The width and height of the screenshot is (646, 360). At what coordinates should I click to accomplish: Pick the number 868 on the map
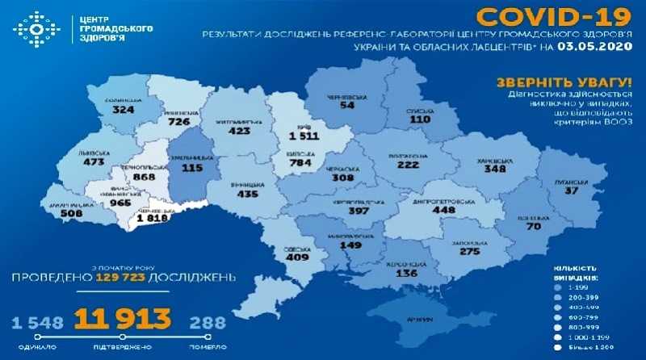(147, 178)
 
